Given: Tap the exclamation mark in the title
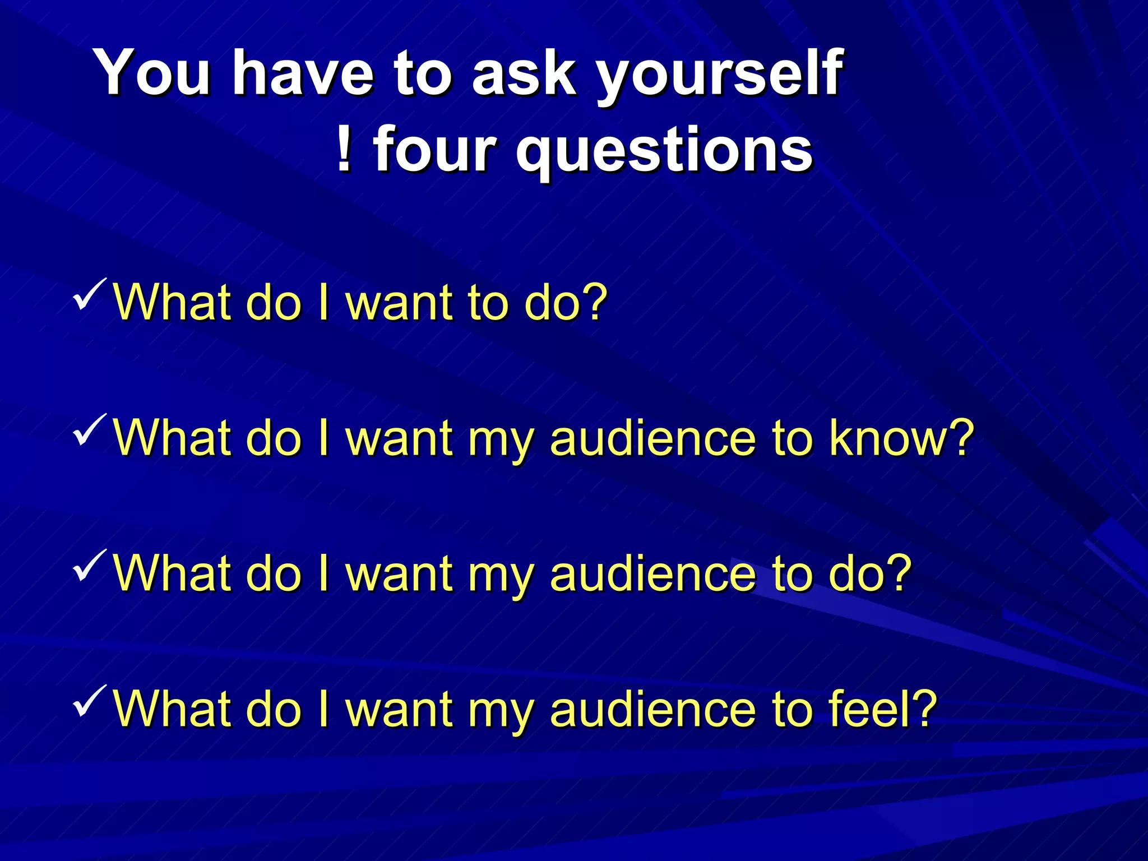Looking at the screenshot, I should click(x=344, y=149).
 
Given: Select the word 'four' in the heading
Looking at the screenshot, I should click(x=434, y=149).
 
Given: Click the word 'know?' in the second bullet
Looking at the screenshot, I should click(x=902, y=438).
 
